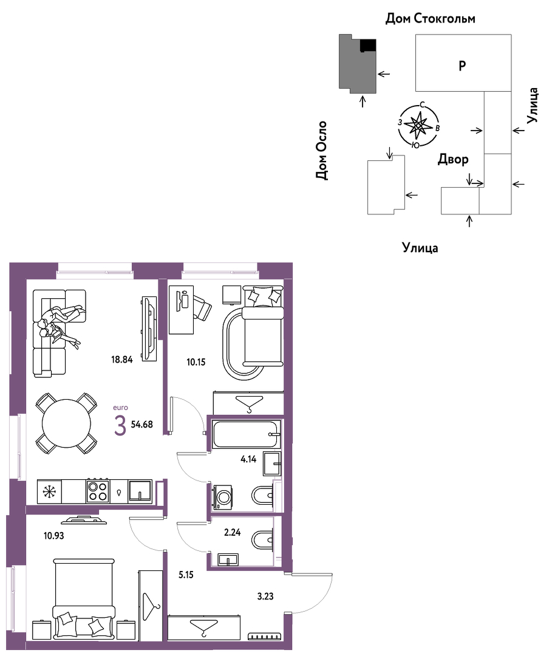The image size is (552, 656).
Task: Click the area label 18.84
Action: [x=121, y=360]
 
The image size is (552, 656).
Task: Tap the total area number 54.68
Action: [x=142, y=424]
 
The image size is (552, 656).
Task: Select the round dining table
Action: [x=66, y=423]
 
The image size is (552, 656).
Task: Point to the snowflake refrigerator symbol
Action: [x=49, y=491]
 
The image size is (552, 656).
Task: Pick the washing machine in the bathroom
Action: [x=222, y=497]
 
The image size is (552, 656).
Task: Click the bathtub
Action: [x=245, y=435]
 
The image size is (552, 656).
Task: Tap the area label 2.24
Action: [x=233, y=533]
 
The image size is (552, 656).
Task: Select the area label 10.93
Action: [x=54, y=535]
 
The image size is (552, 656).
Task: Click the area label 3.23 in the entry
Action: [x=265, y=596]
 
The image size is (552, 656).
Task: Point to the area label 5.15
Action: [x=186, y=575]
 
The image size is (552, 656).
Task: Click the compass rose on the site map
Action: [x=418, y=125]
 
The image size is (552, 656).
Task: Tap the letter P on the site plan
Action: [x=462, y=66]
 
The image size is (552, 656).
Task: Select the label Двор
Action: [x=453, y=159]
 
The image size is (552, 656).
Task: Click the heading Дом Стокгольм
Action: [x=431, y=18]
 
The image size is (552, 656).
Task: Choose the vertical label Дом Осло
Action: [x=322, y=151]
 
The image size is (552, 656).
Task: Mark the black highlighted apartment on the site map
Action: [x=368, y=45]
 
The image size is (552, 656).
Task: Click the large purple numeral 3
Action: [x=120, y=426]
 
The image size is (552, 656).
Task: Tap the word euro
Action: [x=120, y=408]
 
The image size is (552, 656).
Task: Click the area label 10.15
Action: [x=196, y=362]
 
